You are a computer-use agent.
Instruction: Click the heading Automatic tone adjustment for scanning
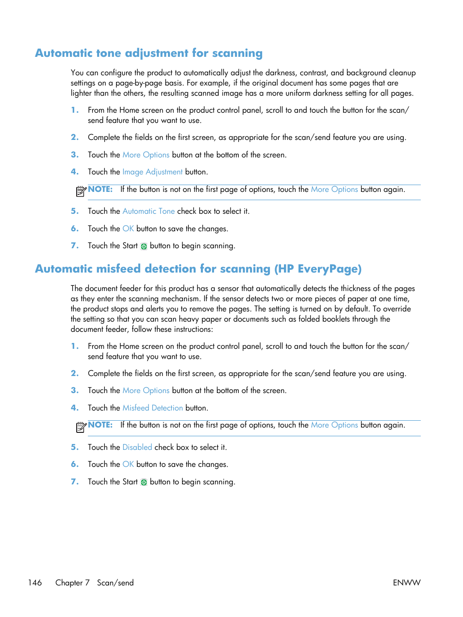(149, 53)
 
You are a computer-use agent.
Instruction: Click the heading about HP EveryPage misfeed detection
(198, 269)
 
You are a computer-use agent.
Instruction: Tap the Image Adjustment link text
(152, 172)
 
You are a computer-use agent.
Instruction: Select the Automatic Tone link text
(149, 211)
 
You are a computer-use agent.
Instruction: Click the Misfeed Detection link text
(152, 408)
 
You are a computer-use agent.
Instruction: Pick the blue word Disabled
(137, 447)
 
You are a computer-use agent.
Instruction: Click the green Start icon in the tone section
(144, 246)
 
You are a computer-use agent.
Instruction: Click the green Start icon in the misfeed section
(144, 482)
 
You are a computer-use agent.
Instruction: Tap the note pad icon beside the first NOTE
(81, 191)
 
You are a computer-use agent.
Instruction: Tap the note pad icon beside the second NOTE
(81, 427)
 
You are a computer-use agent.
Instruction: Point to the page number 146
(35, 583)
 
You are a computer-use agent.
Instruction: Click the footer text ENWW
(406, 583)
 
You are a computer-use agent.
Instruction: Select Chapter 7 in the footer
(72, 583)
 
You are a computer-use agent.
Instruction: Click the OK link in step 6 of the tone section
(128, 229)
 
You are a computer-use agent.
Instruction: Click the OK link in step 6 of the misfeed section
(128, 464)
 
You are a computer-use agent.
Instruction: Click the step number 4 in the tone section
(74, 172)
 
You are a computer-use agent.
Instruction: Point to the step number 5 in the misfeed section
(74, 447)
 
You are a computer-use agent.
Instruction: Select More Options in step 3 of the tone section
(146, 155)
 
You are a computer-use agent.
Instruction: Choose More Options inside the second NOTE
(334, 425)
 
